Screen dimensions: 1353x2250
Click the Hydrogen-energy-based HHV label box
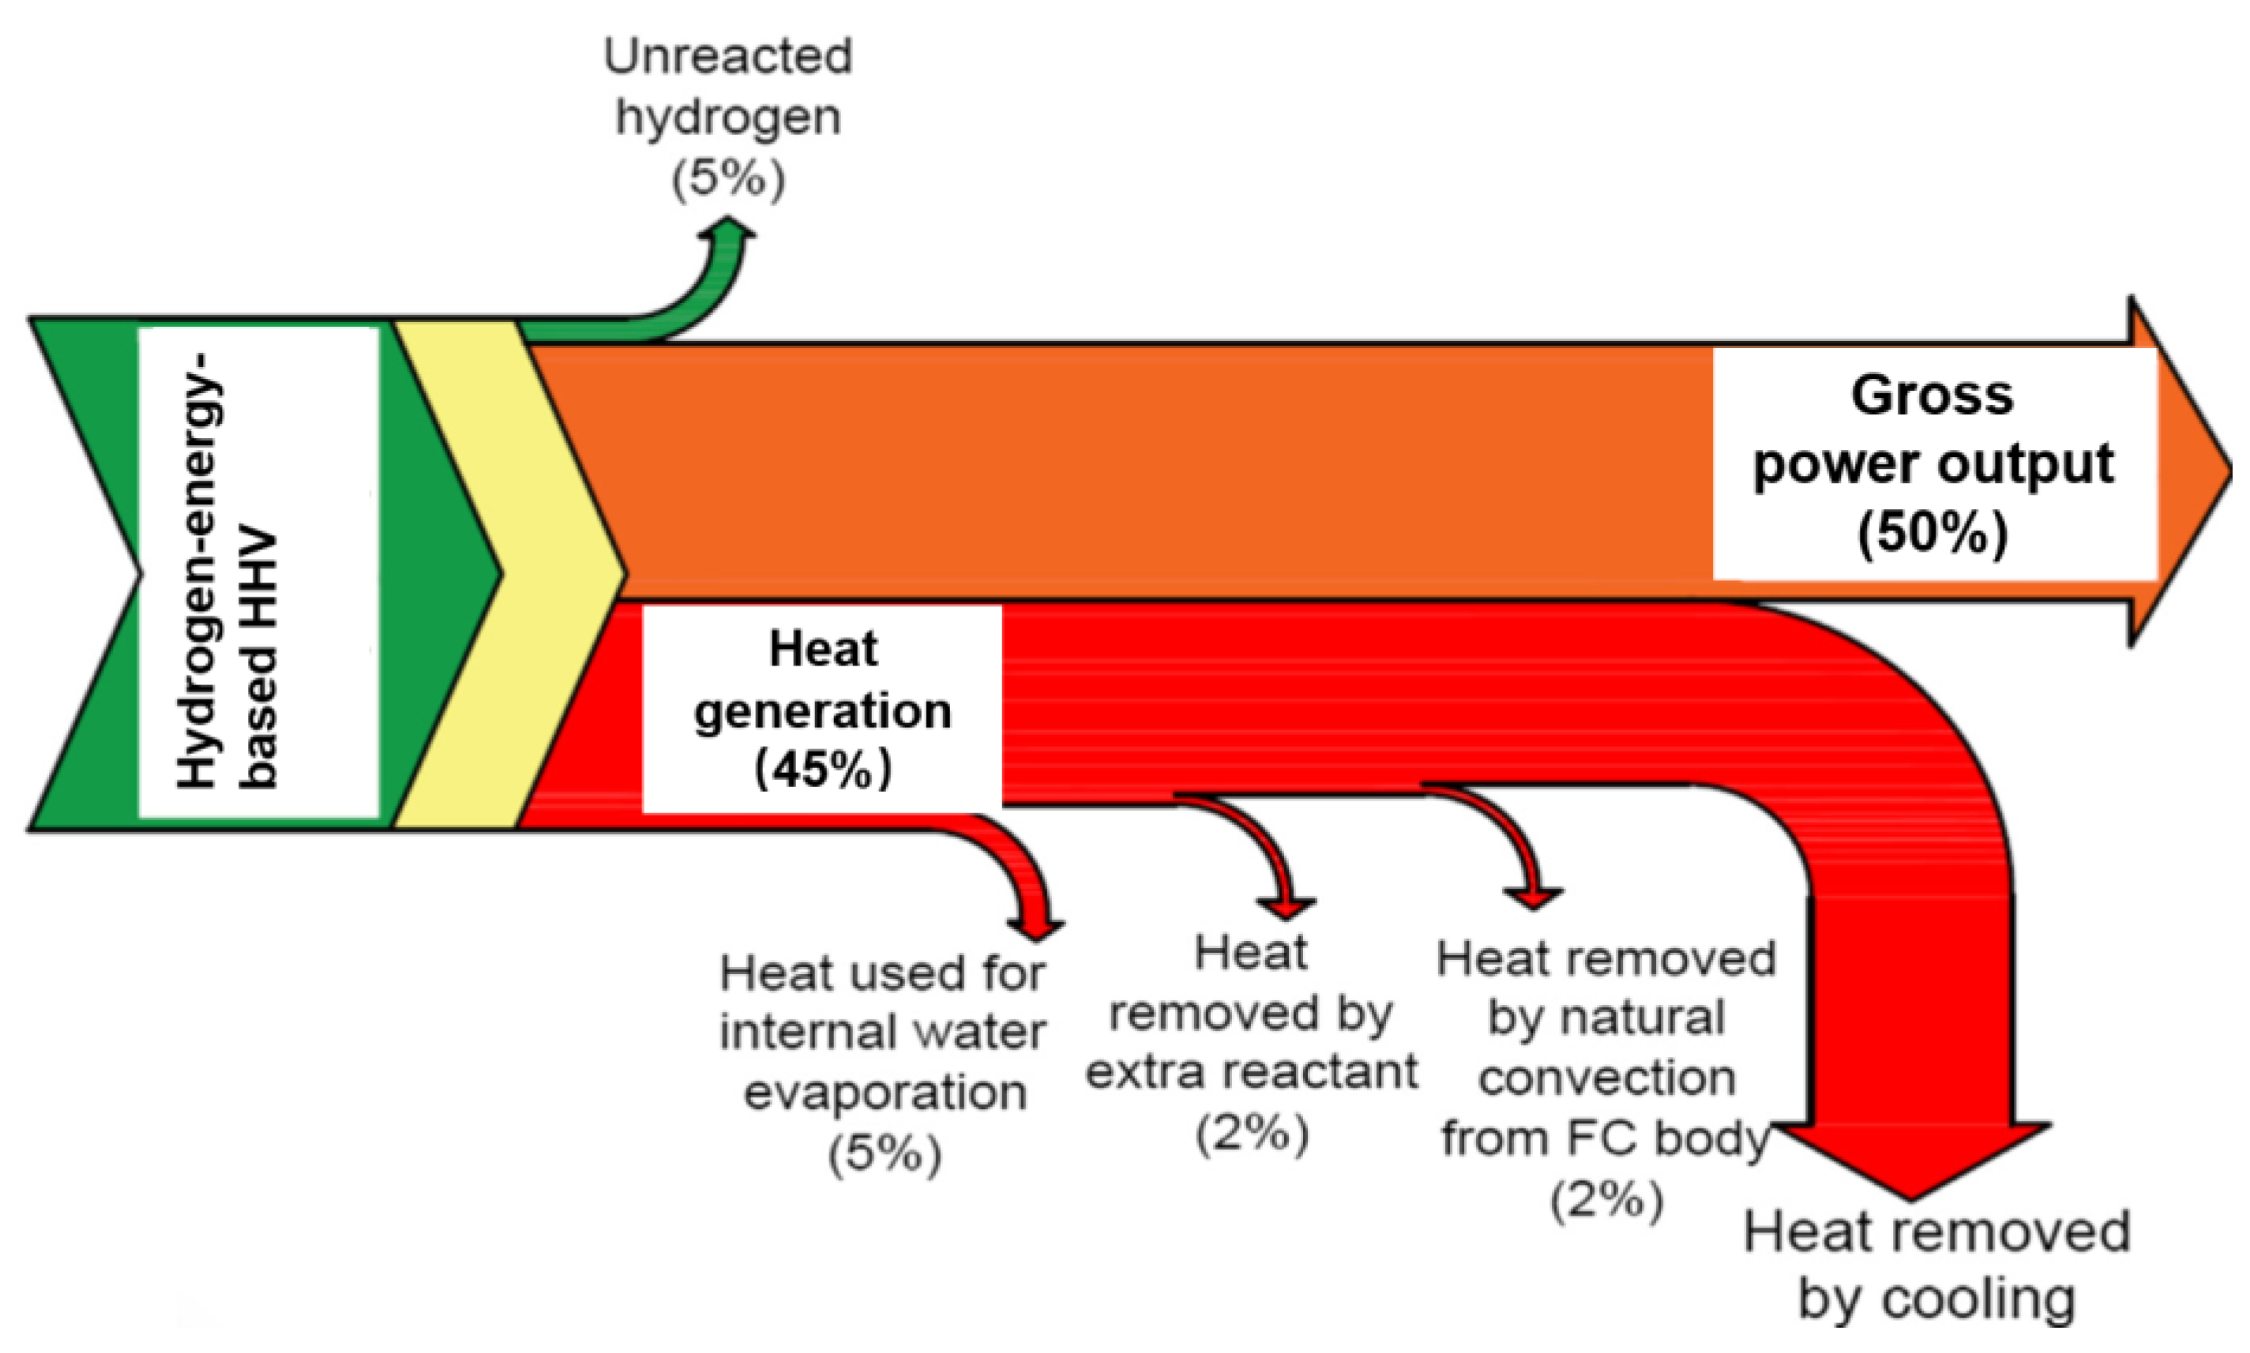(258, 572)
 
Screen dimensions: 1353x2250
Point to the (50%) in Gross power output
(1933, 533)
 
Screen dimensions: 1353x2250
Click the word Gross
(1932, 395)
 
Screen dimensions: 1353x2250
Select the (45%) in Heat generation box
(823, 769)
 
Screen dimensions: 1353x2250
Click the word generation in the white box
(823, 710)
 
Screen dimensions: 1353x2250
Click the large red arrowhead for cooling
(1912, 1158)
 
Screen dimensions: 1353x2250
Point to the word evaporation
(885, 1092)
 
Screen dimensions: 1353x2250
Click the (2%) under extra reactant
(1251, 1134)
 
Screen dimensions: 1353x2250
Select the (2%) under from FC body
(1606, 1199)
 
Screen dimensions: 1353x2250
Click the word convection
(1606, 1078)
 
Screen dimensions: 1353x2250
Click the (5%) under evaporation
(884, 1154)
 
